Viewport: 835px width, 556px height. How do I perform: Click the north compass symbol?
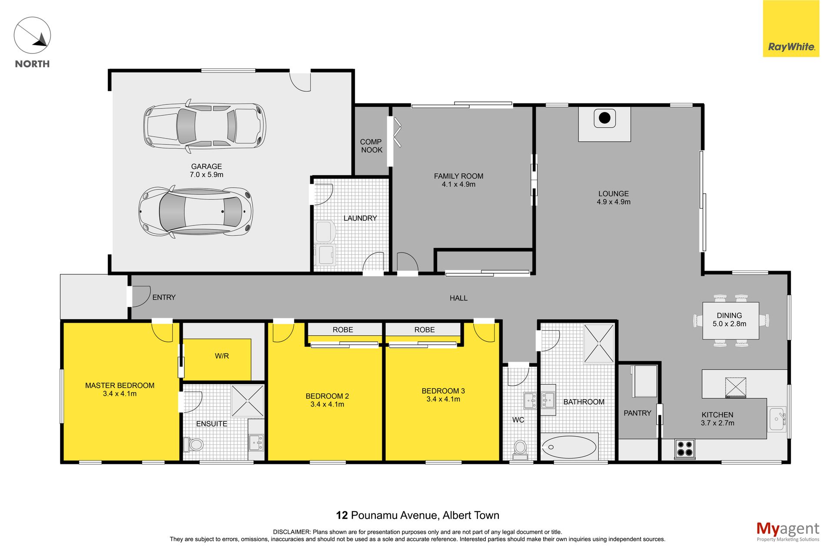[x=32, y=35]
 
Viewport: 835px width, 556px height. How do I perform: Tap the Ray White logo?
[x=791, y=29]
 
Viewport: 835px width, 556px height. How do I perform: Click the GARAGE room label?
[x=207, y=166]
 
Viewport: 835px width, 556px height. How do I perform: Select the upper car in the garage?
[x=205, y=126]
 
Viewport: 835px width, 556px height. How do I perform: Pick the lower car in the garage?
[x=195, y=212]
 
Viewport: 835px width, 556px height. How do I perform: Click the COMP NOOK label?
[x=371, y=146]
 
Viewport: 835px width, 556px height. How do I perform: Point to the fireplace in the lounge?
[x=605, y=124]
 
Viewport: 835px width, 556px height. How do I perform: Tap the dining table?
[x=731, y=321]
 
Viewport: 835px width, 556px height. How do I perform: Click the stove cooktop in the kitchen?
[x=685, y=449]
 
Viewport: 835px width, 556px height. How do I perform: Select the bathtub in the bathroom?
[x=569, y=447]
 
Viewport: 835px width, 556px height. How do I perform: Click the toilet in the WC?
[x=520, y=449]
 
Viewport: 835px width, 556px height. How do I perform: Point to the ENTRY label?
[x=164, y=298]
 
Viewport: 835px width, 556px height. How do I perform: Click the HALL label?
[x=458, y=298]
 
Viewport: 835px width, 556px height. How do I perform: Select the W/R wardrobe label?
[x=222, y=356]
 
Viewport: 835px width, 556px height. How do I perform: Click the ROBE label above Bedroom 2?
[x=343, y=330]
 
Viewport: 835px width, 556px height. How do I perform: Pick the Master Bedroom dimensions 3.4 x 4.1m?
[x=120, y=394]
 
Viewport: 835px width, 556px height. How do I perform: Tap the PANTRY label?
[x=638, y=413]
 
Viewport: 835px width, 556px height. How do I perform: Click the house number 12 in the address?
[x=342, y=516]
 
